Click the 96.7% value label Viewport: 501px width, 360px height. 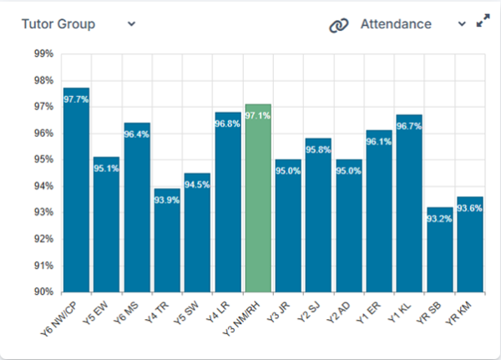point(409,126)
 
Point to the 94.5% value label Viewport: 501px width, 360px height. point(197,185)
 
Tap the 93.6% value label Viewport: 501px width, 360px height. point(469,209)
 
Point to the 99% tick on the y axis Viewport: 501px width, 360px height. point(43,54)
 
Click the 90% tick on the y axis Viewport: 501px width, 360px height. point(43,292)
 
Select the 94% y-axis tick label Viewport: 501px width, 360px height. point(43,186)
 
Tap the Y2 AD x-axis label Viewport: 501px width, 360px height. point(344,311)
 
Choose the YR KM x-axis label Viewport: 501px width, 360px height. point(465,311)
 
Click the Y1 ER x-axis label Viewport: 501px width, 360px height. point(375,311)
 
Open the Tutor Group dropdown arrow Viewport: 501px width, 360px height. point(131,23)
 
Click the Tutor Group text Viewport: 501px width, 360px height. point(58,24)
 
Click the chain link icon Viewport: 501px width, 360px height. point(338,25)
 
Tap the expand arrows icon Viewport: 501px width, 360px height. point(483,23)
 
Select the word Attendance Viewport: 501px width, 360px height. point(396,24)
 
